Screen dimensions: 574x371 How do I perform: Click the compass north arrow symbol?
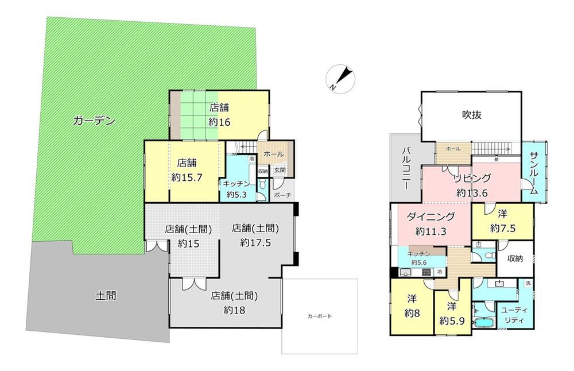coord(341,79)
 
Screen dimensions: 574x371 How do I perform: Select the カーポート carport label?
coord(320,316)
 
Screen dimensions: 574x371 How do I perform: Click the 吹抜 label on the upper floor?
coord(471,115)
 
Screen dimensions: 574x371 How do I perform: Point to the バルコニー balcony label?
coord(406,168)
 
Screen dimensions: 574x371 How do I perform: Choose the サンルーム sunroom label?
coord(533,172)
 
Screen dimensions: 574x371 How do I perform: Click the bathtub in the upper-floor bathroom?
coord(484,323)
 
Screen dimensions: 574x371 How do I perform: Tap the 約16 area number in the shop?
coord(219,122)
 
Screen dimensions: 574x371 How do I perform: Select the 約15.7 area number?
coord(187,177)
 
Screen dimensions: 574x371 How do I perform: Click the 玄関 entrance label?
coord(280,171)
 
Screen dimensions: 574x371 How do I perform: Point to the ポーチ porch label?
coord(282,195)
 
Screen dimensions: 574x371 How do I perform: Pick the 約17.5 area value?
coord(255,243)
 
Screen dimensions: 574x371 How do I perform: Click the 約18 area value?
coord(234,311)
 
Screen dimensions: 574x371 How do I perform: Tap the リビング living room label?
coord(472,179)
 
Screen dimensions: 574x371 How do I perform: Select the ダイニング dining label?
coord(430,217)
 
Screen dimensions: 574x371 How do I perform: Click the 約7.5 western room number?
coord(503,229)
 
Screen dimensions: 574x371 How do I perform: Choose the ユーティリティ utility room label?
coord(514,315)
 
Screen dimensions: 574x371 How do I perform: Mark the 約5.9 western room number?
coord(452,321)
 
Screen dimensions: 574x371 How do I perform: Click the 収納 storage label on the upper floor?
coord(515,258)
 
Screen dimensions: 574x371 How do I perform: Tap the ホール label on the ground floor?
coord(273,154)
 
